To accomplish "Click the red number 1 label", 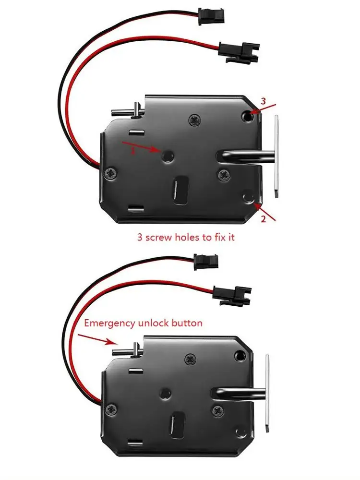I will pyautogui.click(x=133, y=150).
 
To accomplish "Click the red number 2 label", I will pyautogui.click(x=263, y=219).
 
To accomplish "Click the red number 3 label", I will pyautogui.click(x=263, y=101).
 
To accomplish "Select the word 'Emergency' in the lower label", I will pyautogui.click(x=109, y=323).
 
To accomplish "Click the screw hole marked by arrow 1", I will pyautogui.click(x=168, y=155).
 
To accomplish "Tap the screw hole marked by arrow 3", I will pyautogui.click(x=247, y=115).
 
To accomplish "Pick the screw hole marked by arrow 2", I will pyautogui.click(x=248, y=197).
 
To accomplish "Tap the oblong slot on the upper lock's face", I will pyautogui.click(x=180, y=189).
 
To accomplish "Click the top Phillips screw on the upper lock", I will pyautogui.click(x=194, y=119).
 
